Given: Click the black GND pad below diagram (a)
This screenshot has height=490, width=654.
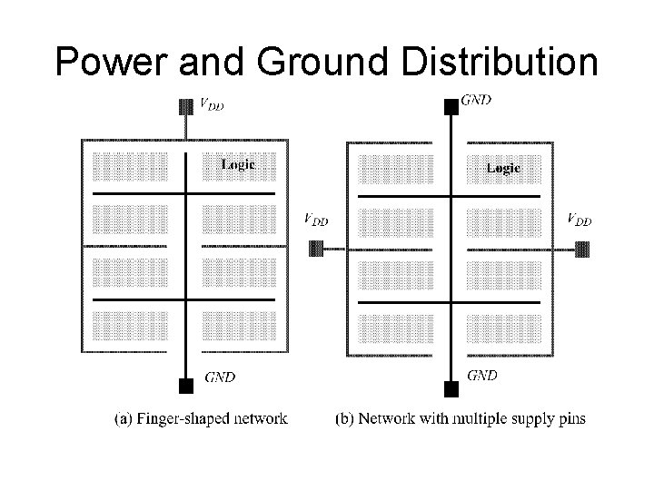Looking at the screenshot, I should [x=186, y=385].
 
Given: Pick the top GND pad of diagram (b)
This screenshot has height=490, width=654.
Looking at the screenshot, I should [x=449, y=107].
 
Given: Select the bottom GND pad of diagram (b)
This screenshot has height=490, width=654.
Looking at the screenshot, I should [x=449, y=389].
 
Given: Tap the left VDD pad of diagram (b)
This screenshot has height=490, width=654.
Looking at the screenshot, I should [x=317, y=248].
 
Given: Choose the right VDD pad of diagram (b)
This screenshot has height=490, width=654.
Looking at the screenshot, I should [x=582, y=248].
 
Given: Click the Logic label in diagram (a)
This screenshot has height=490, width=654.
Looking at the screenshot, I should [x=239, y=164].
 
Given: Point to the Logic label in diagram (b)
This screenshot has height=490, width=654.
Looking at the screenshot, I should [x=503, y=167].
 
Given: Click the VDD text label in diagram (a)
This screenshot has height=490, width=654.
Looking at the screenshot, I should [x=211, y=104].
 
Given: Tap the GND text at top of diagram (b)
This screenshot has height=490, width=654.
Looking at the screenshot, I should [x=477, y=101].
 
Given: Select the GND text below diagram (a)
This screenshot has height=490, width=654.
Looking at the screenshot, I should [x=220, y=377].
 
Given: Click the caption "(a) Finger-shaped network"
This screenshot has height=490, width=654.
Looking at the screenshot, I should [x=201, y=418].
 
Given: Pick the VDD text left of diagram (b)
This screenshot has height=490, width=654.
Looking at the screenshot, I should [x=315, y=219].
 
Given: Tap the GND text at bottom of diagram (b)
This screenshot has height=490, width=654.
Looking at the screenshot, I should [x=481, y=375].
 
